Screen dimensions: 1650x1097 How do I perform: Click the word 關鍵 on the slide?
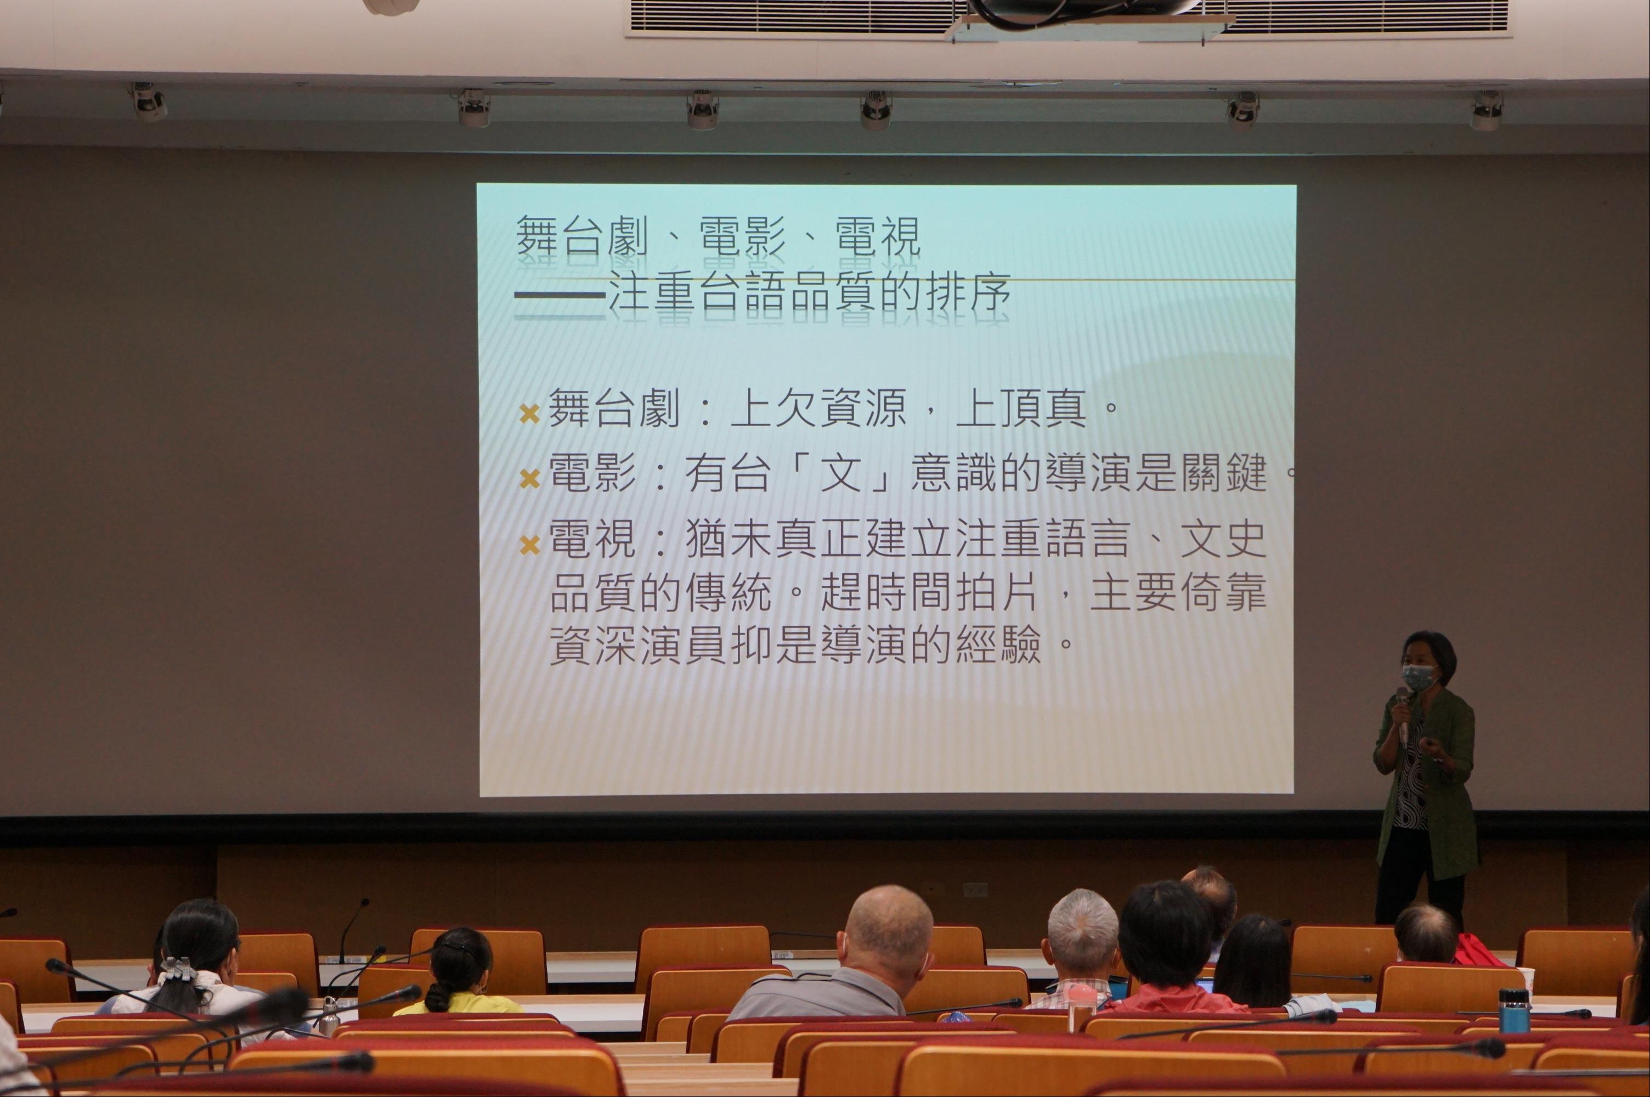(x=1223, y=472)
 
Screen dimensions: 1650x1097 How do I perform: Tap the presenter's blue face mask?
(x=1418, y=677)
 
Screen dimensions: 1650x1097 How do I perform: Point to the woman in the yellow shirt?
(x=458, y=974)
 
